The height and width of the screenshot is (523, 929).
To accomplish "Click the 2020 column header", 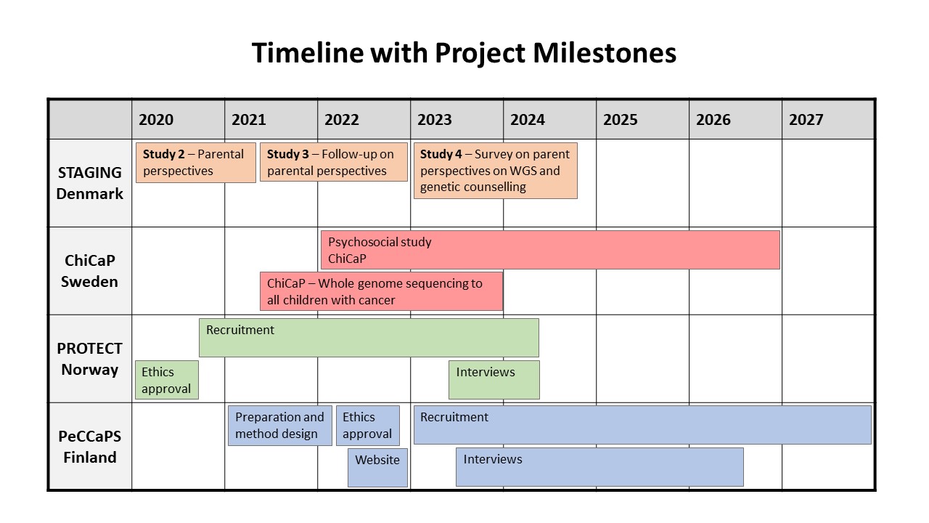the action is click(x=156, y=120).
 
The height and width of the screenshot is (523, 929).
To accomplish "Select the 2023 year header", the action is click(x=434, y=120).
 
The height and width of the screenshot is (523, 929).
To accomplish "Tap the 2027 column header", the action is click(x=806, y=120).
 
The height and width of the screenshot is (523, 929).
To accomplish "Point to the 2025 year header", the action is click(x=620, y=120).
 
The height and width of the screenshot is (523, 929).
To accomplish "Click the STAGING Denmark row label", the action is click(x=89, y=183).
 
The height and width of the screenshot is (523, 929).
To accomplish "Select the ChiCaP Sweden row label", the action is click(x=89, y=271).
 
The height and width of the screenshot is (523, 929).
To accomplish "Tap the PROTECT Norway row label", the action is click(x=89, y=359).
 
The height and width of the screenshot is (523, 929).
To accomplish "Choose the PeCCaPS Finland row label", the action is click(x=89, y=447).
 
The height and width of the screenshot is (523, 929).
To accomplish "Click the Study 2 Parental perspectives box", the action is click(x=196, y=163).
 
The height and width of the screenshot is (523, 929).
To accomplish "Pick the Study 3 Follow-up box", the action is click(x=334, y=162).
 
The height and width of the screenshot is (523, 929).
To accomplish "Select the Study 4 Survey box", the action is click(x=496, y=171).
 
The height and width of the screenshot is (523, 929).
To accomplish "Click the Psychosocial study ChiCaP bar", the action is click(x=550, y=250).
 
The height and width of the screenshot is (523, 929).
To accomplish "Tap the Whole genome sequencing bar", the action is click(x=382, y=291).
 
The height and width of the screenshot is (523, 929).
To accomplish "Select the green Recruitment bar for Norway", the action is click(x=369, y=338).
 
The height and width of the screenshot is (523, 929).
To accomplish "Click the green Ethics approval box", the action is click(x=167, y=380).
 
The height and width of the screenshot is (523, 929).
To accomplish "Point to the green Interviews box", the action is click(x=494, y=380).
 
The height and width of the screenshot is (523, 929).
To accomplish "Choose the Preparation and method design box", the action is click(x=280, y=426).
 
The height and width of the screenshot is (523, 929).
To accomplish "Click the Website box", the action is click(x=378, y=467).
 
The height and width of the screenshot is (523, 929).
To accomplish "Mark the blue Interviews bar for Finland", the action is click(x=599, y=467).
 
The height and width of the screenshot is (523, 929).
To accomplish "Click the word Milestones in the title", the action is click(x=605, y=53).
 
